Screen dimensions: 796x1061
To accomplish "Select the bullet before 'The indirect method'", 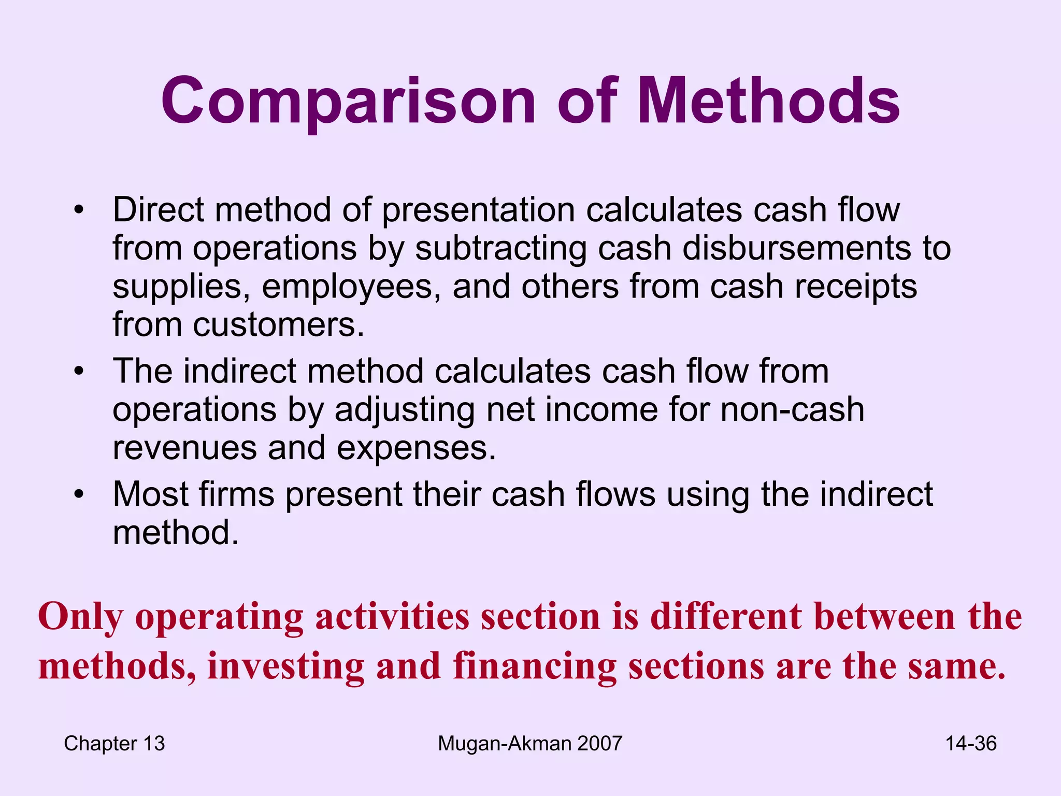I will click(78, 372).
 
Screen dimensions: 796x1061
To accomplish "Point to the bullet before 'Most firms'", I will click(78, 494).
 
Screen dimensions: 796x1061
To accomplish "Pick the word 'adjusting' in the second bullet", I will click(405, 410).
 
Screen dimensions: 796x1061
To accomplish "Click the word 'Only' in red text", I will click(81, 618).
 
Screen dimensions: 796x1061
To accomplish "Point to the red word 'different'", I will click(726, 617).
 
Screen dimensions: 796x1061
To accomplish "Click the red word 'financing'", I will click(535, 666).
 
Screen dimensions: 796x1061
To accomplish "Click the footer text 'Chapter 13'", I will click(114, 744).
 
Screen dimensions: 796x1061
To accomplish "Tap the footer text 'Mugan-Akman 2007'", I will click(529, 744).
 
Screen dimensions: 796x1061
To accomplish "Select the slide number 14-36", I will click(971, 744).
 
